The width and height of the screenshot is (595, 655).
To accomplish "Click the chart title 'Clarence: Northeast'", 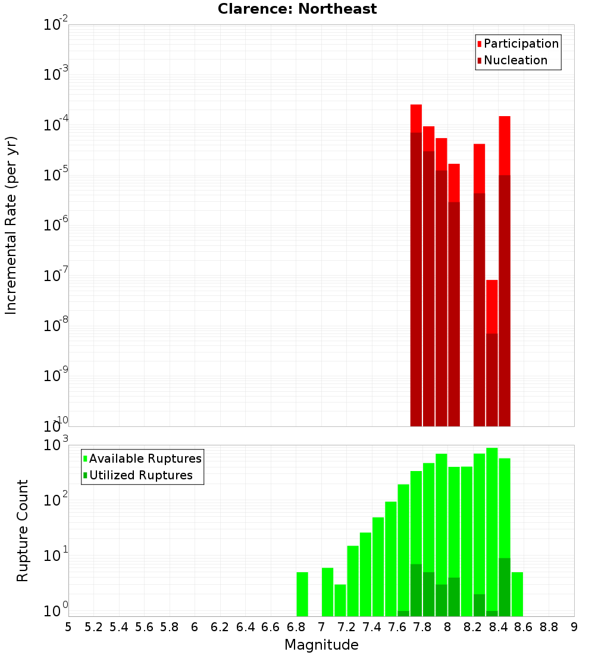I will (297, 9).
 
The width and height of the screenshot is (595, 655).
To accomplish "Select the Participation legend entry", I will (517, 43).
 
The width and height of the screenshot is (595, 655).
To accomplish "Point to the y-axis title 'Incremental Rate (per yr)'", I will (11, 226).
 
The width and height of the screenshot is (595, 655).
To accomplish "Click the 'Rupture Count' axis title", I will (23, 531).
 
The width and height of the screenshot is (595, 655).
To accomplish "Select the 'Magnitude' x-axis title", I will (321, 645).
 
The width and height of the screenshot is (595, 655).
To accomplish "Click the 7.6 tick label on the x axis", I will (397, 627).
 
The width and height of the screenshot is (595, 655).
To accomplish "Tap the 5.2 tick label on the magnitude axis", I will (93, 627).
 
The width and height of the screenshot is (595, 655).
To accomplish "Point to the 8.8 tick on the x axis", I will (549, 627).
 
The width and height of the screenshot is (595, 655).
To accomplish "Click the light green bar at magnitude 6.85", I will (302, 594).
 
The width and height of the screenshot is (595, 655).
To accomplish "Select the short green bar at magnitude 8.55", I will (517, 594).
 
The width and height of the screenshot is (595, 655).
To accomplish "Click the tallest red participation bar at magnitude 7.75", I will (416, 118).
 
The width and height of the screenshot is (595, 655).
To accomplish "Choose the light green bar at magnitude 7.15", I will (340, 600).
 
